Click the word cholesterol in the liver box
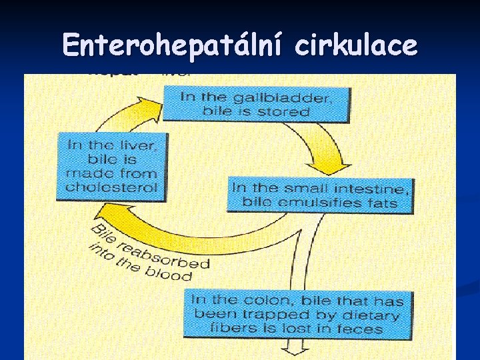pyautogui.click(x=111, y=187)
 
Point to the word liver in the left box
pyautogui.click(x=127, y=145)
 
